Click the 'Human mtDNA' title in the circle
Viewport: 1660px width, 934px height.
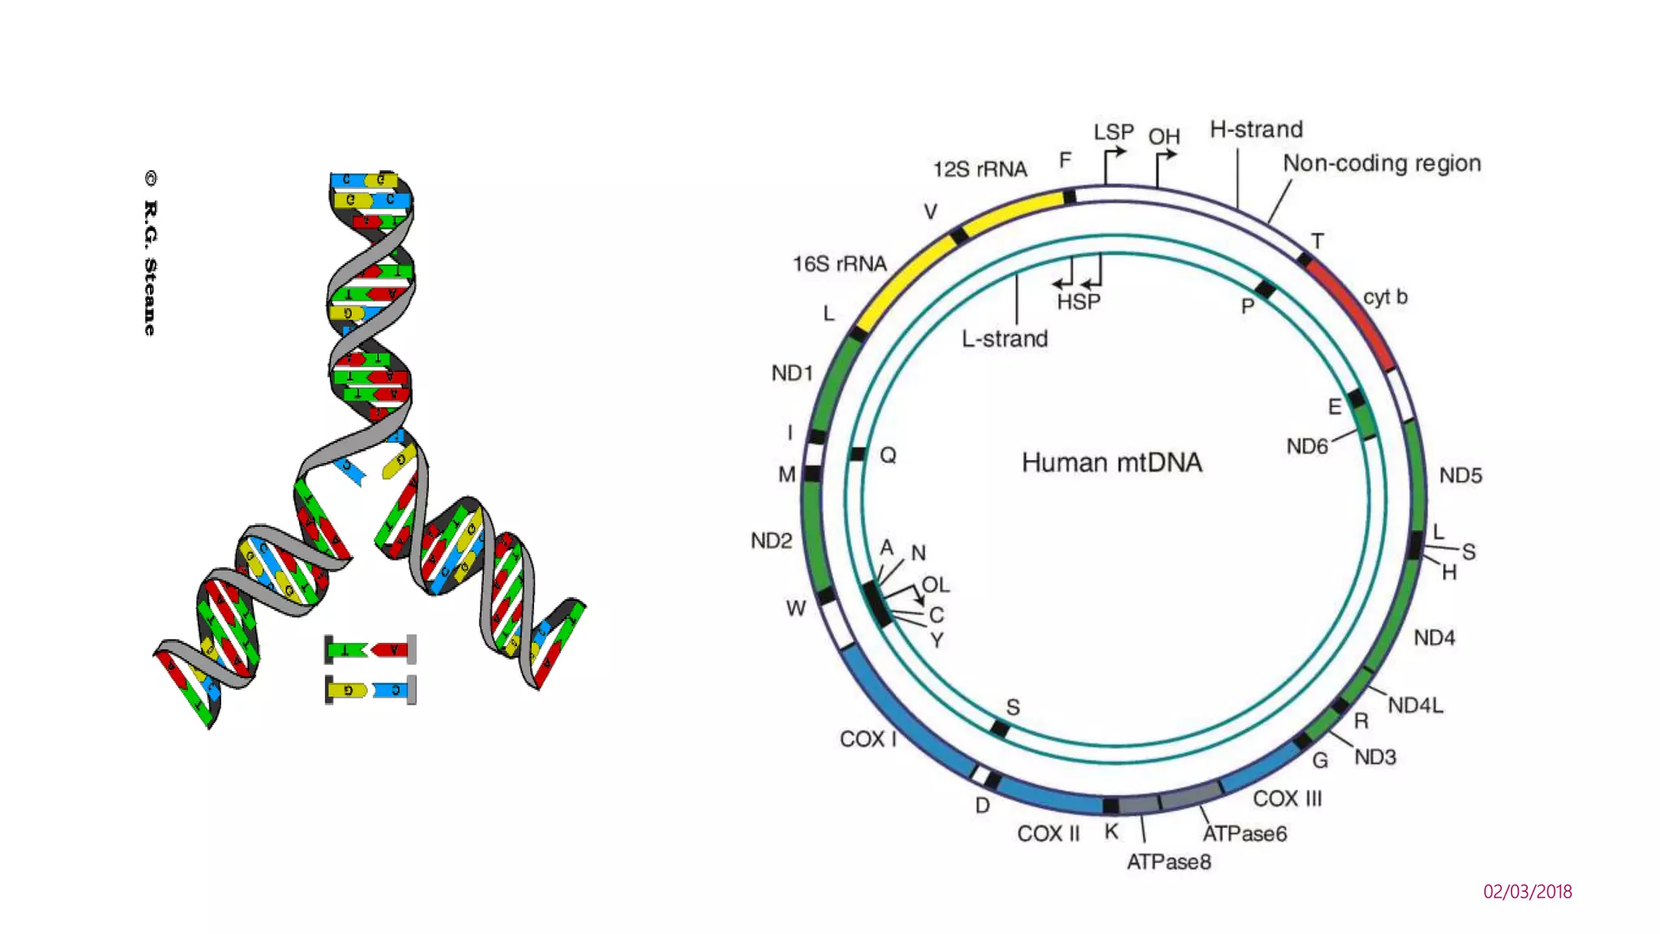(x=1111, y=463)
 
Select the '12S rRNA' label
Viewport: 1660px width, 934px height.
(x=979, y=169)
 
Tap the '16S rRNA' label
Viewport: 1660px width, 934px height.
(x=839, y=264)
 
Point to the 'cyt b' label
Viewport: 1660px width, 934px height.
(x=1384, y=297)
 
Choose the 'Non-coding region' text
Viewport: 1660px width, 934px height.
(x=1381, y=164)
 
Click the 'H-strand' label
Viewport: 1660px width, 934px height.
(x=1256, y=130)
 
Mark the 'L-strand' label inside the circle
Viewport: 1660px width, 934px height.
(x=1004, y=339)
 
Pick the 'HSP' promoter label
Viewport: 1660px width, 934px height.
(x=1078, y=302)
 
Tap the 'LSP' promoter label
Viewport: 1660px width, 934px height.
(x=1113, y=132)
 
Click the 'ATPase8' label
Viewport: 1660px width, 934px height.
(x=1168, y=862)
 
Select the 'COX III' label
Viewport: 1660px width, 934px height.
(x=1286, y=799)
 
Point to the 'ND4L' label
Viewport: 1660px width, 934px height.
(x=1415, y=705)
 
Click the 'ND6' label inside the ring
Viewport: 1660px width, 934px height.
(x=1307, y=447)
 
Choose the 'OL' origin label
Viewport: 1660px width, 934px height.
(x=935, y=585)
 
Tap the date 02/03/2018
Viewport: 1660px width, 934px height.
(x=1527, y=892)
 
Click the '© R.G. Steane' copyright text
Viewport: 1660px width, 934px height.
(x=150, y=253)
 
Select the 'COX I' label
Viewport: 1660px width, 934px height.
(x=867, y=739)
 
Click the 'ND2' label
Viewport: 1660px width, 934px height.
(x=771, y=541)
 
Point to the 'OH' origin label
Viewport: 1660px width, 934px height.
(x=1163, y=137)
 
